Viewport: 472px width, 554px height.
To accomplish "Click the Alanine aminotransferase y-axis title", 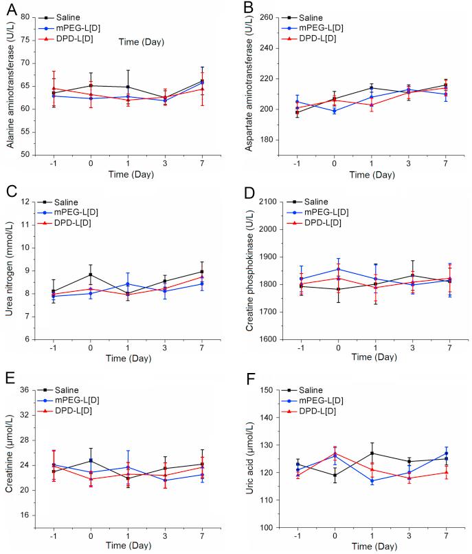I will coord(10,86).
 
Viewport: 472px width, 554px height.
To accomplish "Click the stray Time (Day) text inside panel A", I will coord(142,42).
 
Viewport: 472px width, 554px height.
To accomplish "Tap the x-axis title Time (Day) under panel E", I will coord(128,547).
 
